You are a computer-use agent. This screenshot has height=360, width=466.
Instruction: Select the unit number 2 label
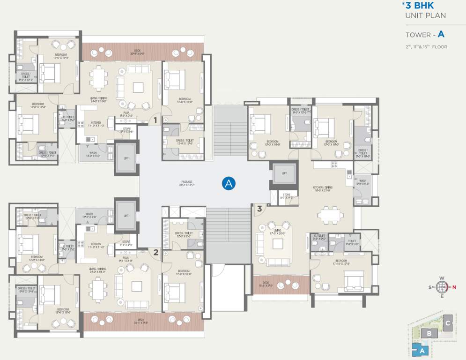click(x=156, y=253)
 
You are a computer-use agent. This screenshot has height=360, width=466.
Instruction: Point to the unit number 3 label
click(x=259, y=209)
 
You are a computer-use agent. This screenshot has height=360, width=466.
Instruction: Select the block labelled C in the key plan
click(x=447, y=323)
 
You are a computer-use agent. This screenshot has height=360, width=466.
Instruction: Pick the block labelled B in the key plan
click(x=429, y=333)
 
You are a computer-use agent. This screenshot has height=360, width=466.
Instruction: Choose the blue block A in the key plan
click(x=421, y=349)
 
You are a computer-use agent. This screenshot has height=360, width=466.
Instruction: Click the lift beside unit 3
click(x=284, y=174)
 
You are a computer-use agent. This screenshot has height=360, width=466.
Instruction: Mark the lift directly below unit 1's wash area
click(x=126, y=158)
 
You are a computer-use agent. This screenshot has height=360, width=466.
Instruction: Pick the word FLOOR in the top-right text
click(x=440, y=47)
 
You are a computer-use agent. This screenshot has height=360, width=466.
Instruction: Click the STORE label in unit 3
click(x=287, y=196)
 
